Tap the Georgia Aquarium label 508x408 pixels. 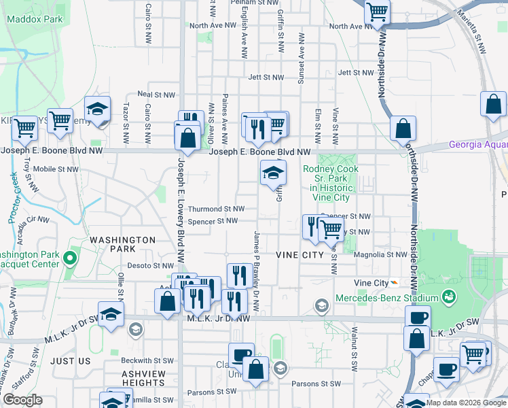click(478, 144)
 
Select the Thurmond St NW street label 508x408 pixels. click(216, 209)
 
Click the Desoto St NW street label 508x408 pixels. click(153, 266)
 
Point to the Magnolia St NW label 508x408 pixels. click(380, 254)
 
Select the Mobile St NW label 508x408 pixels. click(56, 169)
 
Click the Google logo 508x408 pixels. click(22, 400)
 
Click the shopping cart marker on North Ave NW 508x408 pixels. click(378, 12)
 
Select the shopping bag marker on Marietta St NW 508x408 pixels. click(494, 104)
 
